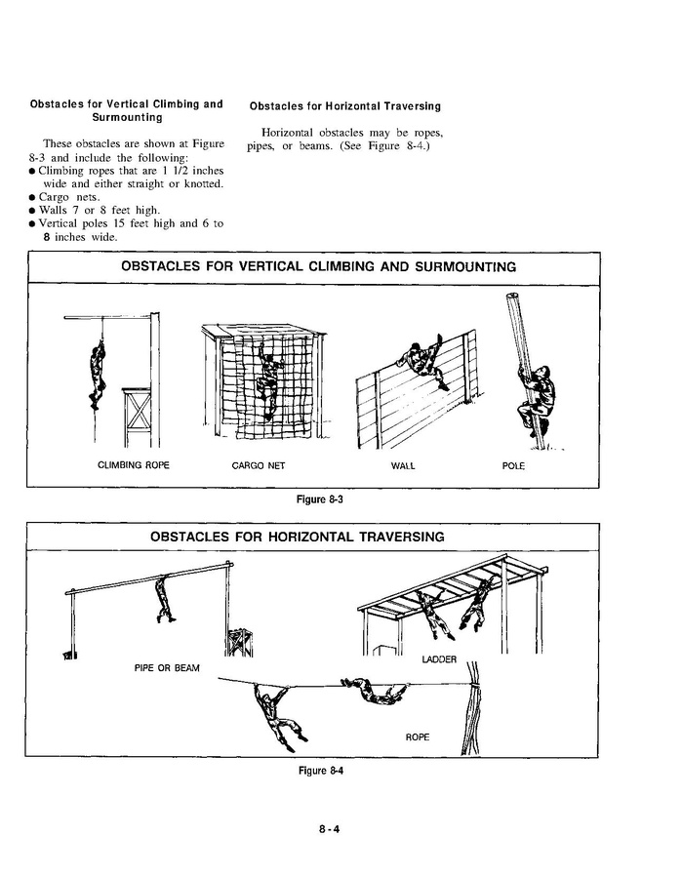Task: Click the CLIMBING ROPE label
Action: click(134, 465)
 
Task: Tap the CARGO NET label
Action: click(259, 465)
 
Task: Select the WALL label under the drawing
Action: click(403, 465)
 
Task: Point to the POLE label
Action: click(513, 465)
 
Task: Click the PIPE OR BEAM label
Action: click(167, 667)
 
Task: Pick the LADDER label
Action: click(439, 660)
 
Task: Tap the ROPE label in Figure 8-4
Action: click(417, 737)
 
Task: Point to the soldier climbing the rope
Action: click(98, 375)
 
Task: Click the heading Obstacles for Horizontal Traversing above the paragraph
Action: click(345, 105)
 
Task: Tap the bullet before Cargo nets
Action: click(33, 197)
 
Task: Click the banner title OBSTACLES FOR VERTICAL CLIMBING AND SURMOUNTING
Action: click(318, 267)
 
